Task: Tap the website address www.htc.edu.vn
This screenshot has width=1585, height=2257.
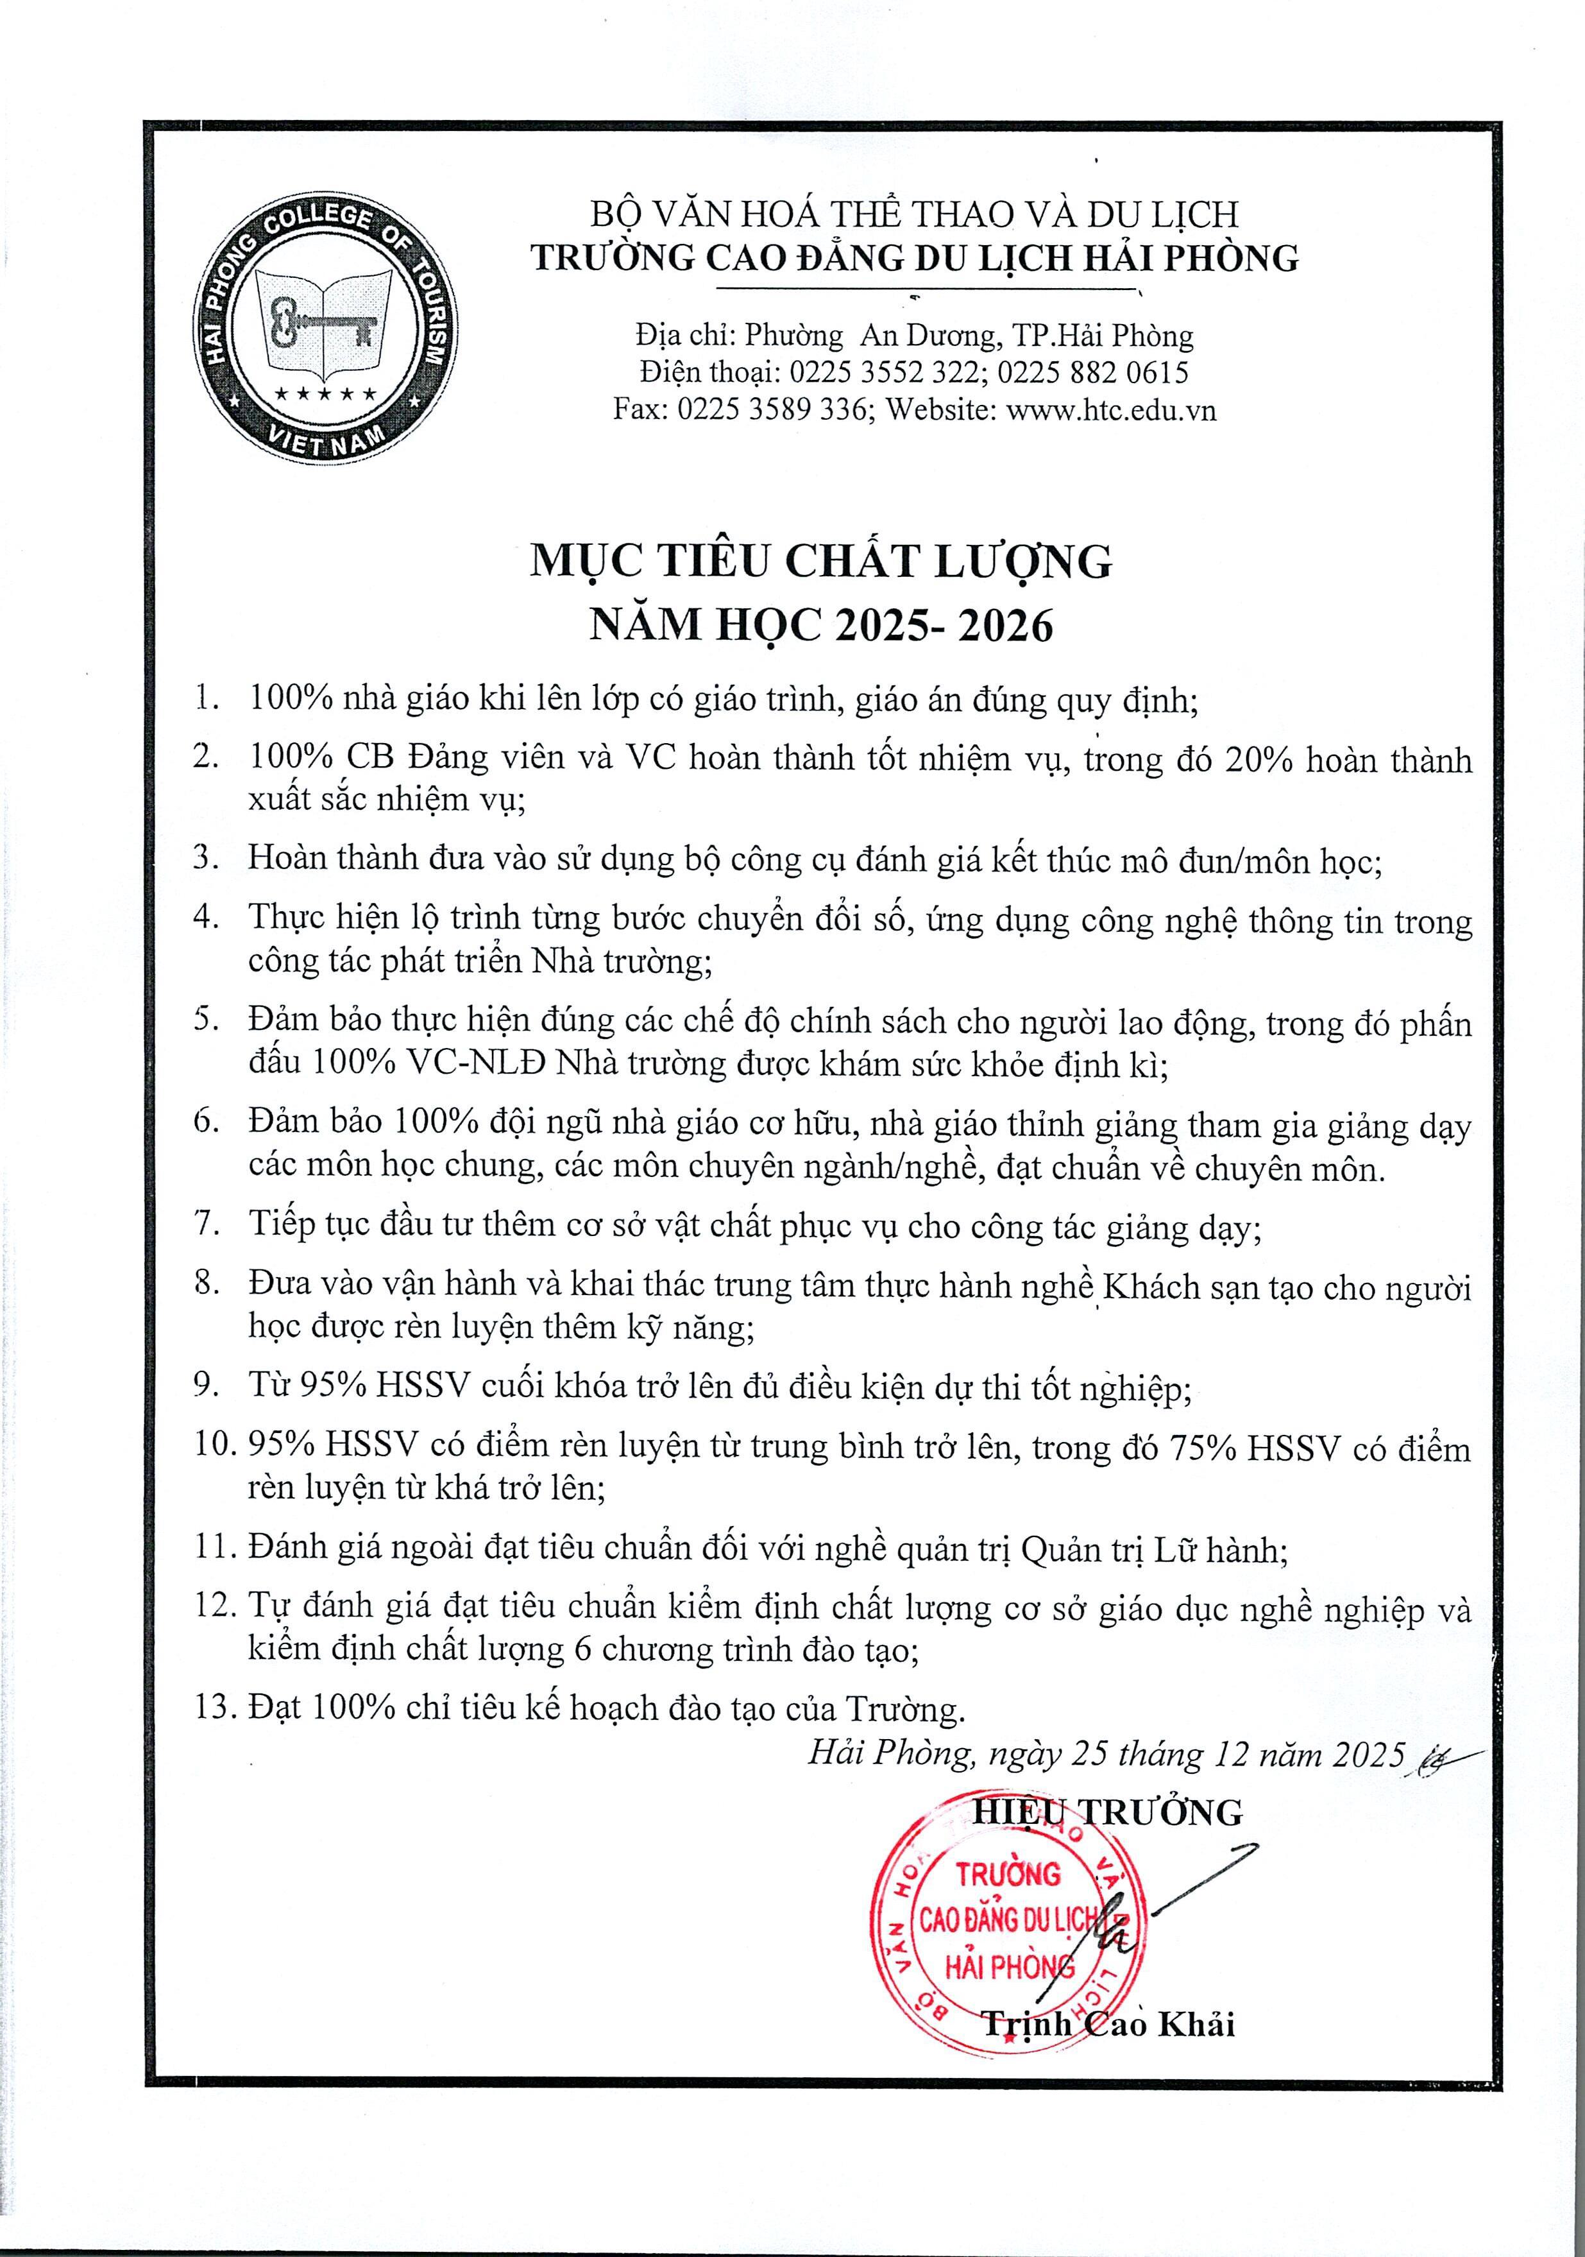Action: point(1112,409)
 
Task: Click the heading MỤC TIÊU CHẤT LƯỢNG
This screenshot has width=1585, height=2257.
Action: point(820,562)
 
